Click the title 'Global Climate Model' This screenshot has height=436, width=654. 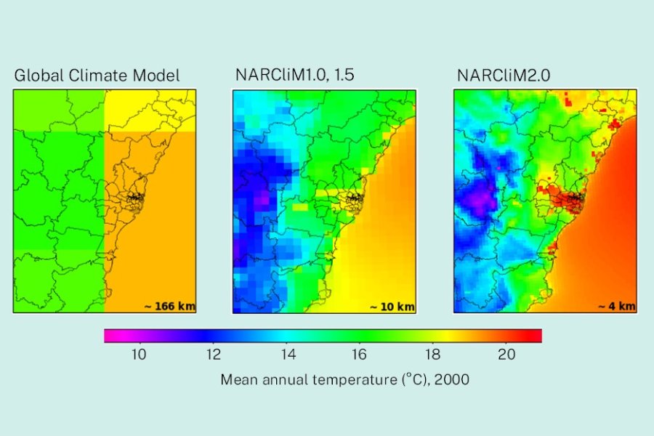click(x=97, y=75)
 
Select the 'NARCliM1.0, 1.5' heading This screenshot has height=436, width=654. click(x=294, y=75)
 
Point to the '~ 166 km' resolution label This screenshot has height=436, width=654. click(x=169, y=306)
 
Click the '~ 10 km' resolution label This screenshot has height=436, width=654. click(x=392, y=306)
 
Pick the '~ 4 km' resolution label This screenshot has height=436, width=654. click(x=616, y=306)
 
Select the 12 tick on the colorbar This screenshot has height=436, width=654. click(x=213, y=355)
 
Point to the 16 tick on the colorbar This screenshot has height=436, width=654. click(x=360, y=355)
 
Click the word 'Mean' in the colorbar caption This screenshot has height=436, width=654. click(x=238, y=379)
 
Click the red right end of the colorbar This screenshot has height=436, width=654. click(x=536, y=335)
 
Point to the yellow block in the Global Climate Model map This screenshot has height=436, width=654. click(x=150, y=110)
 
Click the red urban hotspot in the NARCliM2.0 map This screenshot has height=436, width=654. click(x=563, y=196)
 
